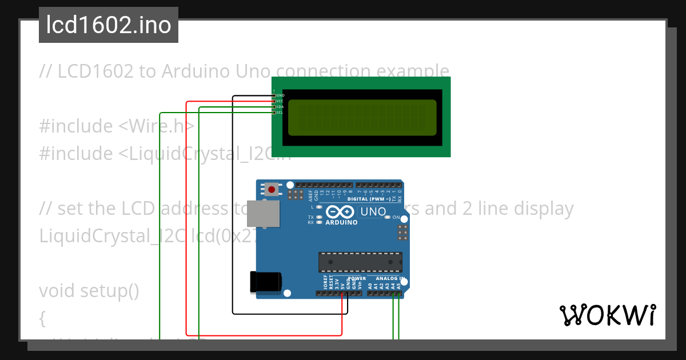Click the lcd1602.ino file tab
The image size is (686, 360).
[x=109, y=25]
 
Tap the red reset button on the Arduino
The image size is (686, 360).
[x=272, y=189]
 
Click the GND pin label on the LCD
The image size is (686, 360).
[x=280, y=95]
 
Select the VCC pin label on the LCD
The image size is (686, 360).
[x=280, y=101]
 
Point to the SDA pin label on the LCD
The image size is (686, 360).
[x=280, y=107]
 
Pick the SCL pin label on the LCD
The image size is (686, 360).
[x=280, y=113]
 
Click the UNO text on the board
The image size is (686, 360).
[x=373, y=212]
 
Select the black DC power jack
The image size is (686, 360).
[x=265, y=282]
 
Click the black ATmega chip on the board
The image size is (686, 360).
[x=360, y=262]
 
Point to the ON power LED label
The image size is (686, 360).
[x=396, y=218]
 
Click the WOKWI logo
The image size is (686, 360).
[x=607, y=315]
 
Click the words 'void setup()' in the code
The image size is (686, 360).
[x=89, y=291]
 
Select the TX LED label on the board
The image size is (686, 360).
[x=311, y=218]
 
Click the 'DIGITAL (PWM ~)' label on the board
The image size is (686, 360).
[x=369, y=199]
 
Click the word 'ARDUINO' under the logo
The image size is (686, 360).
[x=341, y=222]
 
